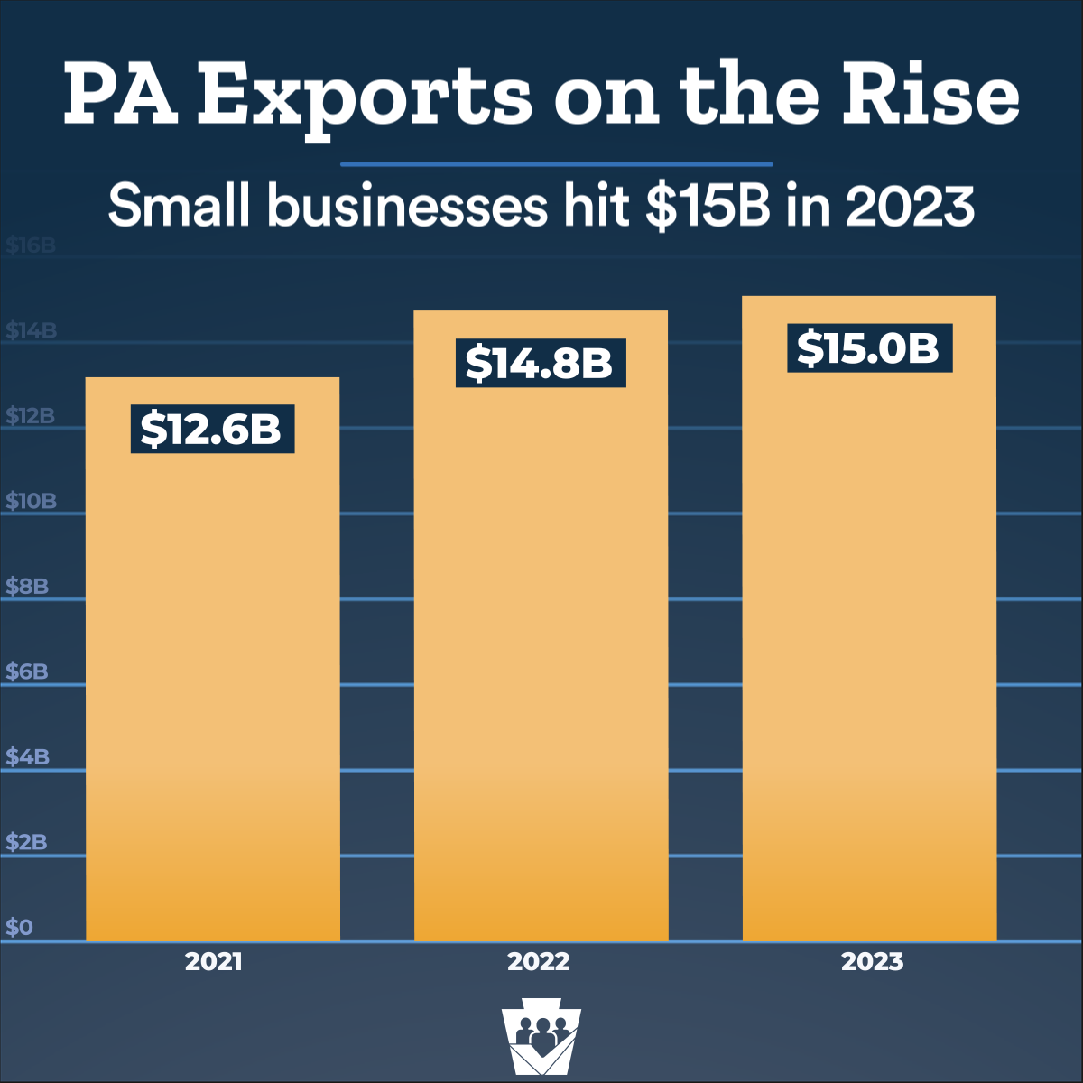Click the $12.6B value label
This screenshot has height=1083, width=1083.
[212, 429]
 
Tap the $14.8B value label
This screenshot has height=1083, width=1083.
[540, 363]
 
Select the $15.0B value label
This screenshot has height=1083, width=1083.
[869, 347]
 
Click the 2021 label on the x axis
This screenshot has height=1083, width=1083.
[214, 962]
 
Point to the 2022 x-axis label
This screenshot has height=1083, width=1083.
[539, 962]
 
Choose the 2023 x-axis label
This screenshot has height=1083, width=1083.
[872, 962]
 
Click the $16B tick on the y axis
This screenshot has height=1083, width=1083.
[31, 246]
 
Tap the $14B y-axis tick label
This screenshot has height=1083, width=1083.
[31, 331]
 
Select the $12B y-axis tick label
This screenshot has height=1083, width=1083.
[31, 416]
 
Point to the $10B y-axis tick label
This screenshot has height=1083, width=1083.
[31, 502]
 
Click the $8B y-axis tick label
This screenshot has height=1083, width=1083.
[27, 587]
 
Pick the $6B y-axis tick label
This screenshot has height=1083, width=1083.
[27, 671]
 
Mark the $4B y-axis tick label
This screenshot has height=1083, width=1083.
[27, 756]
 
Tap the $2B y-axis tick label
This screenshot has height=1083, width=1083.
[27, 842]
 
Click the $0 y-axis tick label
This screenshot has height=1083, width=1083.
[20, 928]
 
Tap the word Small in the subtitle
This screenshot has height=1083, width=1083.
[179, 207]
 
